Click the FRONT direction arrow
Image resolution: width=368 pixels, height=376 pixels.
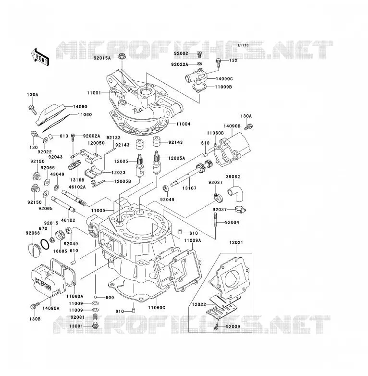tap(40, 57)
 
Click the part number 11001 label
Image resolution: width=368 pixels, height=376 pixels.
tap(94, 93)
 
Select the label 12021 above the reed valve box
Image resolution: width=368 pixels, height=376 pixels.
tap(236, 242)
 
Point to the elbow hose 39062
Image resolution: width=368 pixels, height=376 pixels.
tap(235, 193)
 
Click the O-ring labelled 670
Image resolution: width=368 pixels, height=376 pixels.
tap(45, 244)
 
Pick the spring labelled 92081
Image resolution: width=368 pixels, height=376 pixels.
tap(95, 317)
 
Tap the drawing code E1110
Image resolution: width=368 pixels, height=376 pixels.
tap(243, 45)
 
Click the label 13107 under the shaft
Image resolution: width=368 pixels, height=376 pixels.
tap(189, 188)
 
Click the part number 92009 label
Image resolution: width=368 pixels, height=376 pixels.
tap(233, 326)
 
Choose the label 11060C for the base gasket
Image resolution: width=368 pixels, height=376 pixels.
tap(157, 308)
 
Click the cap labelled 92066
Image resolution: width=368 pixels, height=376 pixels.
tap(34, 250)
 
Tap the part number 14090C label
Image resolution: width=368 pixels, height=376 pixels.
tap(224, 79)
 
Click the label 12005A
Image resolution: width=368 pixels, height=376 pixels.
tap(177, 158)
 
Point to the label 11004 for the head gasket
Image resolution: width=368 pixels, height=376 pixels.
tap(184, 124)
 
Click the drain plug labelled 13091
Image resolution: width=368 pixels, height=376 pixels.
tap(95, 326)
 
